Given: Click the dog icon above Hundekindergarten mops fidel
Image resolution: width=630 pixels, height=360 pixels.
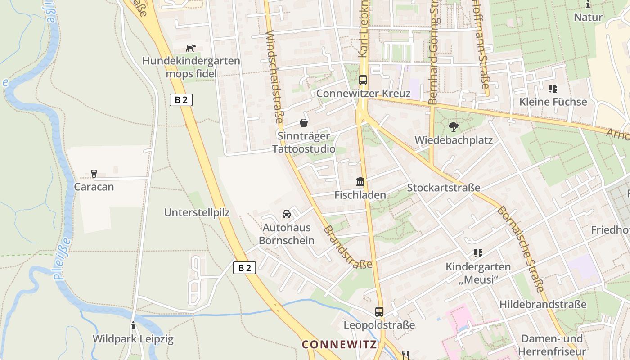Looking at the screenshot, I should (191, 48).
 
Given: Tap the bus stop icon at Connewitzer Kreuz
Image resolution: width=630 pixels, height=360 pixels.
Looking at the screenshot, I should (363, 80).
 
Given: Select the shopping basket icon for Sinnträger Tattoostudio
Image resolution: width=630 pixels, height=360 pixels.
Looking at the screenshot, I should (304, 123).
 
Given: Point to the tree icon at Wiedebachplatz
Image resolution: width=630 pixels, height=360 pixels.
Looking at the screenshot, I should (453, 126).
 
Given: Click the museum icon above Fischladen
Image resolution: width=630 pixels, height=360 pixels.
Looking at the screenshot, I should (360, 181).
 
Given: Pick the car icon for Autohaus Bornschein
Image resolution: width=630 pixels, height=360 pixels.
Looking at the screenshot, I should (287, 214).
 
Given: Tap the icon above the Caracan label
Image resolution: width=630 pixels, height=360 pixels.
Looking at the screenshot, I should (94, 173).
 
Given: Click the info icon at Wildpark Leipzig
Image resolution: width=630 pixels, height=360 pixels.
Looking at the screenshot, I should (133, 325).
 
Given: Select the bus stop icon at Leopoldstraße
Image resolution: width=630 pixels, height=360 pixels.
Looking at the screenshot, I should (379, 311).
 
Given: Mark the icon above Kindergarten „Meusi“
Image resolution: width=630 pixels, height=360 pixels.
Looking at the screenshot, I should (478, 253).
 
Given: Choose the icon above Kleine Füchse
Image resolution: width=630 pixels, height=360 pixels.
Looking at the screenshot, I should (553, 89).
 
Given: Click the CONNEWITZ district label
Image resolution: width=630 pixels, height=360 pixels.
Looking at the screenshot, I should (339, 345).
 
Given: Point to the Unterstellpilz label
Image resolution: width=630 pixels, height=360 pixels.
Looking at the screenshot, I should (197, 212).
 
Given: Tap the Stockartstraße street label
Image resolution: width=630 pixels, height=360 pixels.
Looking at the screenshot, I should (444, 188).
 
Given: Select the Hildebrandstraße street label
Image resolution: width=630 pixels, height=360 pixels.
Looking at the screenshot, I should (543, 304).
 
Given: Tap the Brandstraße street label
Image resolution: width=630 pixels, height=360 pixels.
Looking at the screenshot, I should (347, 247).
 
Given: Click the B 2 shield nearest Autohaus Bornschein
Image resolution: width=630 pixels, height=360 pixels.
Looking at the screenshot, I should (245, 268).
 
